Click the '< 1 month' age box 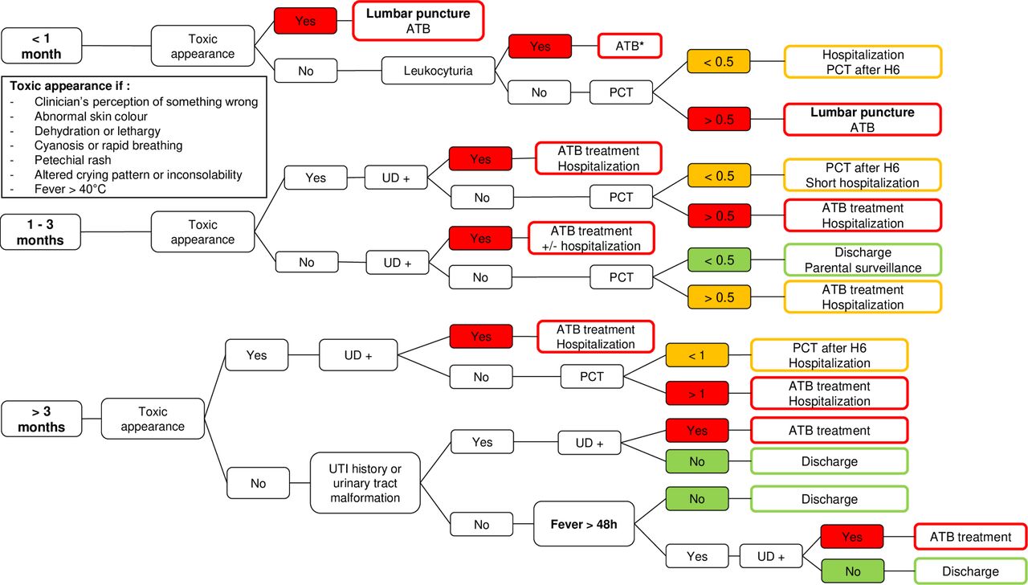(x=42, y=46)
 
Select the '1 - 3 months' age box (x=40, y=232)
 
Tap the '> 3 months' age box (x=42, y=419)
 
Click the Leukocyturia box (x=438, y=71)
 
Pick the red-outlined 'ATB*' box (x=630, y=46)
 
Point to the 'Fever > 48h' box (x=584, y=524)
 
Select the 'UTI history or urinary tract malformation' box (x=365, y=483)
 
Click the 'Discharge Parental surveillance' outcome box (x=863, y=260)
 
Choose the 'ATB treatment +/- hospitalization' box (x=591, y=239)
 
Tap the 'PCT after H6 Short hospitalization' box (x=863, y=175)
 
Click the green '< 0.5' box (x=719, y=260)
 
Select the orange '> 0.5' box (x=719, y=297)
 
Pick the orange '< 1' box (x=696, y=355)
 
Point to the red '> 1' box (x=696, y=394)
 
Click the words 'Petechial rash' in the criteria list (x=72, y=160)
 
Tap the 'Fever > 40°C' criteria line (x=70, y=189)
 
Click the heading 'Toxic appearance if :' (x=70, y=86)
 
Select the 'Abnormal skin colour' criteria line (x=91, y=117)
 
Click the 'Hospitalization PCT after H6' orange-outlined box (x=863, y=62)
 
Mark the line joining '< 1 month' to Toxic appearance (x=116, y=46)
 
